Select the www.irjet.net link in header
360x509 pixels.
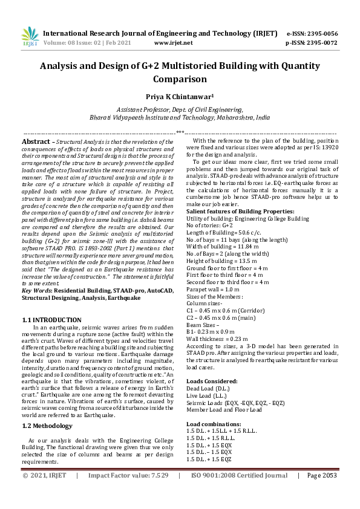[x=174, y=43]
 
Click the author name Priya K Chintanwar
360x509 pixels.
[x=180, y=96]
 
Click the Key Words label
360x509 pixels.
[x=38, y=291]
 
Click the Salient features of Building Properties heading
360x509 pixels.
[x=240, y=211]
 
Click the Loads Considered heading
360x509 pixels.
[x=211, y=381]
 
